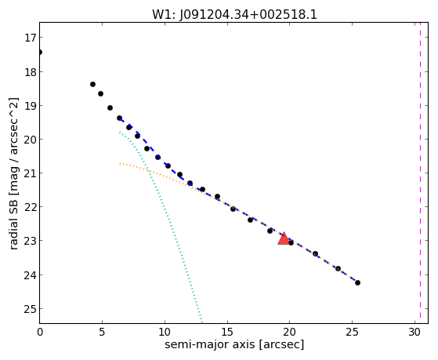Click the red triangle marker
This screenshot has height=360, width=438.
[284, 238]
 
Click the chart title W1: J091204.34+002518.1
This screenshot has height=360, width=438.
[234, 15]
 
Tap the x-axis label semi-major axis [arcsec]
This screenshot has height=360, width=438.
[234, 344]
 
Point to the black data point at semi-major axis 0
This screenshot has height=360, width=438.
[40, 53]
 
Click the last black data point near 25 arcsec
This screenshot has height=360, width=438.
[357, 283]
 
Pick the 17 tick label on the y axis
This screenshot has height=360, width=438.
[30, 38]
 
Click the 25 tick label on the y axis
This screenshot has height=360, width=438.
[30, 309]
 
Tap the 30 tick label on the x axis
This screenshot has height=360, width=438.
[414, 333]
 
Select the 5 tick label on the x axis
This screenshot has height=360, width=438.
[102, 333]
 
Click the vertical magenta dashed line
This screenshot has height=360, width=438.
[420, 173]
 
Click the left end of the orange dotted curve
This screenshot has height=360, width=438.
[120, 163]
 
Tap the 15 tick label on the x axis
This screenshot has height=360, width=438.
[227, 333]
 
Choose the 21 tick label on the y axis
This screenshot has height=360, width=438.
[30, 173]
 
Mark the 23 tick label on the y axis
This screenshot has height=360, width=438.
[30, 241]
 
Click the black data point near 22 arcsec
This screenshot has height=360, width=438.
[315, 253]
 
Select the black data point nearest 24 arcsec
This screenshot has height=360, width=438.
[338, 268]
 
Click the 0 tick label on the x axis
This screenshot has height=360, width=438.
[40, 333]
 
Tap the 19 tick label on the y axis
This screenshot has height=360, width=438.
[30, 106]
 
